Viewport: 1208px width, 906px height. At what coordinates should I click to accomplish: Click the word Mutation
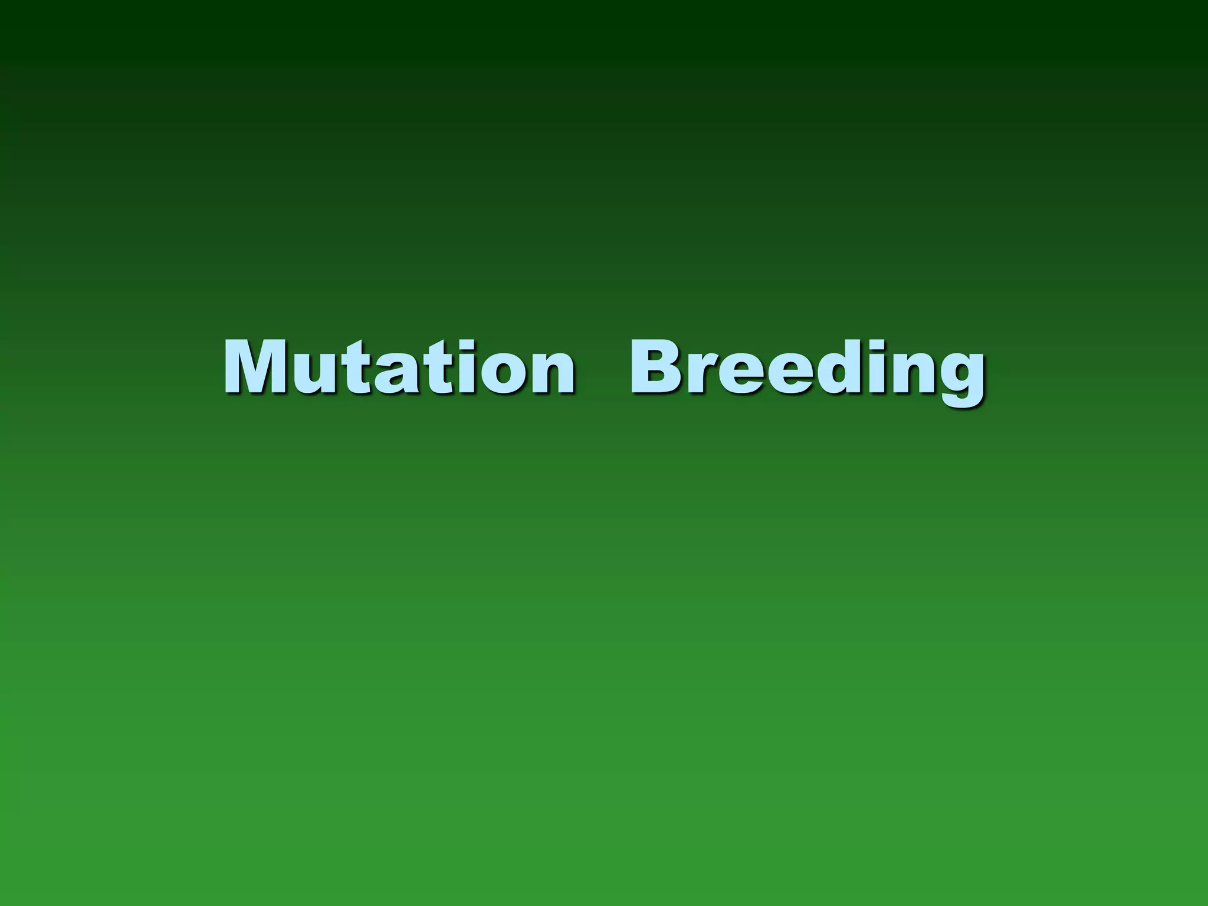pos(399,367)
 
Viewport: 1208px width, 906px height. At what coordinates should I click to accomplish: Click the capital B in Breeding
pos(656,367)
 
